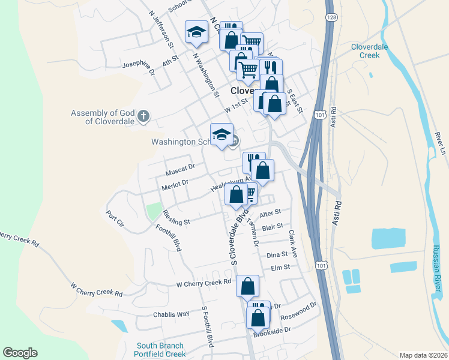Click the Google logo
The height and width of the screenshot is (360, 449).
click(x=20, y=353)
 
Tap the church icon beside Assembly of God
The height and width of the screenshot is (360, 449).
click(x=143, y=116)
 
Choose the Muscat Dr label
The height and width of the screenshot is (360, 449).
click(x=181, y=170)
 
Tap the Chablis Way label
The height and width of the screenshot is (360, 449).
click(x=171, y=314)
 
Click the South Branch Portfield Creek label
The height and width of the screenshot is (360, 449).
click(x=160, y=350)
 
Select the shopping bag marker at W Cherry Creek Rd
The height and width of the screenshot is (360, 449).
click(x=247, y=287)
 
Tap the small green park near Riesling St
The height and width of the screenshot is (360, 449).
click(x=154, y=211)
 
